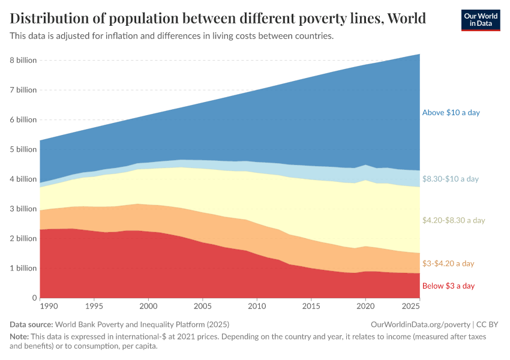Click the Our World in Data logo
[481, 20]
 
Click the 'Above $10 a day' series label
[451, 113]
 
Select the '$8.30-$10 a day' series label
[451, 179]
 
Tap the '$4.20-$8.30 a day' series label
[453, 220]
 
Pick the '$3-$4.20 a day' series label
[448, 263]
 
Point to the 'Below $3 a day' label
[448, 286]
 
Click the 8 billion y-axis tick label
[23, 61]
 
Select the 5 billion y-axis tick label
[23, 149]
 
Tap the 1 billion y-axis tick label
[23, 268]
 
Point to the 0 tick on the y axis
[34, 298]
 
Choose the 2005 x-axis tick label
[203, 306]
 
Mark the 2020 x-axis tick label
[365, 306]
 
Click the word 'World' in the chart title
[407, 19]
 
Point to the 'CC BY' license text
[487, 325]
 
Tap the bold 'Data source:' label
[31, 325]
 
